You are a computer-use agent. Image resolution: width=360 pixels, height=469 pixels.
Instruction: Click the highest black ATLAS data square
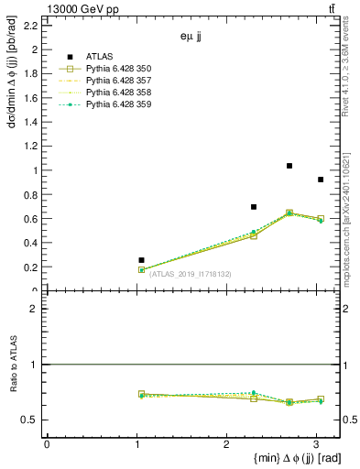coord(289,166)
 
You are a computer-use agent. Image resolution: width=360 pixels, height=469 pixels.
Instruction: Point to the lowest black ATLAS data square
coord(141,260)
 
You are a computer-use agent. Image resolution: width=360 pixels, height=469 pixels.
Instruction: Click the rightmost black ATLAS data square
coord(320,180)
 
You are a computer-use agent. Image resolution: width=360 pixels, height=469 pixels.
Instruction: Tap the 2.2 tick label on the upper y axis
coord(29,26)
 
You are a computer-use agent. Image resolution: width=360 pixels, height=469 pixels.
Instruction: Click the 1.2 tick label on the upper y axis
coord(29,147)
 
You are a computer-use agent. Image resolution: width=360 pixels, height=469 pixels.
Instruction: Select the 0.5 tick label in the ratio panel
coord(29,420)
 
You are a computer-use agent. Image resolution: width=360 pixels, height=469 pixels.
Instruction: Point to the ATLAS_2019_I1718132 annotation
coord(191,274)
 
